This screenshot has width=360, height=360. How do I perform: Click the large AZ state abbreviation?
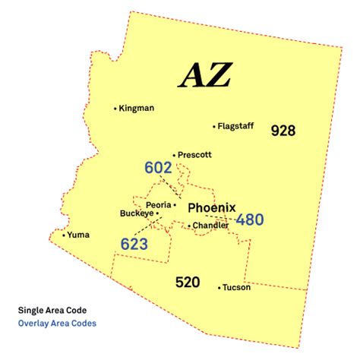tap(204, 75)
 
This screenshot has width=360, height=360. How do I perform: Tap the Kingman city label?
tap(137, 109)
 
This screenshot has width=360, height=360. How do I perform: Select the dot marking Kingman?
tap(115, 109)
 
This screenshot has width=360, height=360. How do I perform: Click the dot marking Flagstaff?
tap(215, 127)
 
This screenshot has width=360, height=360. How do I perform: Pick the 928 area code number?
tap(283, 131)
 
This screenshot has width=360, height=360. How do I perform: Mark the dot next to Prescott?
tap(174, 155)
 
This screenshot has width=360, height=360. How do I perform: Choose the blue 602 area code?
tap(158, 168)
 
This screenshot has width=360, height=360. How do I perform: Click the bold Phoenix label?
tap(212, 207)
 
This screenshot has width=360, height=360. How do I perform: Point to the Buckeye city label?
tap(137, 214)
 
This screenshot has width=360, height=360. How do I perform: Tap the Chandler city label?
tap(210, 226)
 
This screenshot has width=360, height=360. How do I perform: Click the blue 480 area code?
tap(249, 220)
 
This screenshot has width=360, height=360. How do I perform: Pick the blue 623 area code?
tap(134, 244)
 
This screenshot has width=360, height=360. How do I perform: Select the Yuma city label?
tap(78, 235)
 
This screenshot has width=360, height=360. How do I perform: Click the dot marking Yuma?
tap(63, 235)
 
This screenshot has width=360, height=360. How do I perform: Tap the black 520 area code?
tap(187, 283)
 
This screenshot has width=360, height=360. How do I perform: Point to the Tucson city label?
tap(237, 288)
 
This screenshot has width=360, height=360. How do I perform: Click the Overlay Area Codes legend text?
tap(58, 323)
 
